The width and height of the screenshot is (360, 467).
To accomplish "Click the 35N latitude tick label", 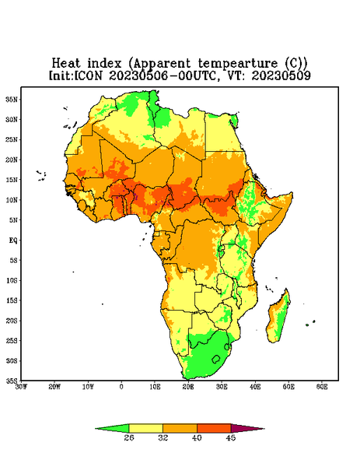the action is (x=12, y=99).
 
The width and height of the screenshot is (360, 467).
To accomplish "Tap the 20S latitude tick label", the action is (x=12, y=321).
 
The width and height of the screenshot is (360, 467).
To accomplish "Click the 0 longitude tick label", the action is (x=121, y=387).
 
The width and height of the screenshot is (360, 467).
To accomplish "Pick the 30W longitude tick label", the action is (x=21, y=387).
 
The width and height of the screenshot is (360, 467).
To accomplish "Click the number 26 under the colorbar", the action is (x=129, y=437).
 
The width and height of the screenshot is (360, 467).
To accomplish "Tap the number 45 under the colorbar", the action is (x=231, y=437).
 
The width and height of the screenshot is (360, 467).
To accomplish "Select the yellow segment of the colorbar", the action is (x=145, y=428).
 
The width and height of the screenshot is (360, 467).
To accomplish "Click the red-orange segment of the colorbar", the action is (x=214, y=428).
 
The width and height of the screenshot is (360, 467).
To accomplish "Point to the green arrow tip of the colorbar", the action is (x=96, y=429).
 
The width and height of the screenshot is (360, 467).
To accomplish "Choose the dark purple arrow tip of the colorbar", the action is (x=264, y=429).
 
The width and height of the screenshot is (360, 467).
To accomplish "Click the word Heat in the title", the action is (x=66, y=64).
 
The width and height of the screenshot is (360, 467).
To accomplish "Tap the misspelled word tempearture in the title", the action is (x=238, y=64).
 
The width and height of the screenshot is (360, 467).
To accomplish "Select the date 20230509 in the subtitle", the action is (x=281, y=75).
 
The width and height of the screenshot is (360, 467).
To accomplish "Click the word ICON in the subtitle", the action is (x=88, y=75).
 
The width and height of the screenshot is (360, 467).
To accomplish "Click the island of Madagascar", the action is (x=278, y=317).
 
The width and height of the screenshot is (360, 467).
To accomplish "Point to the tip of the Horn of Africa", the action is (x=292, y=193).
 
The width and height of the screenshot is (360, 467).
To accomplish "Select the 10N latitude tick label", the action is (x=12, y=200).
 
